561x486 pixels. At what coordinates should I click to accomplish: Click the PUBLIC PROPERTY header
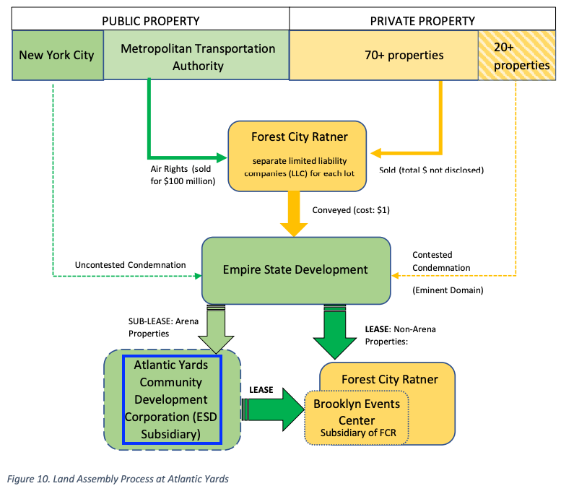pos(151,21)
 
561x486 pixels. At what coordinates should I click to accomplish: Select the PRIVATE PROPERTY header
pos(422,21)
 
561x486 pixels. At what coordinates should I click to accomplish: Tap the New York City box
pos(58,55)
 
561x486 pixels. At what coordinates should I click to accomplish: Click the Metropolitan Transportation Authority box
pos(196,55)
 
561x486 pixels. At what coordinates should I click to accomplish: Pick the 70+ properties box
pos(384,55)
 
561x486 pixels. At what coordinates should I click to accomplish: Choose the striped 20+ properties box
pos(517,55)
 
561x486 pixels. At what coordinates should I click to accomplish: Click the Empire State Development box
pos(296,271)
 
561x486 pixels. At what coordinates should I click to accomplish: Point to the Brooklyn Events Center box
pos(357,417)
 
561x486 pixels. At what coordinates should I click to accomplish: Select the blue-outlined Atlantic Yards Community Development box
pos(172,399)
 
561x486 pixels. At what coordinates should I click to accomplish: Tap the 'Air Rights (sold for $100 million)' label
pos(183,175)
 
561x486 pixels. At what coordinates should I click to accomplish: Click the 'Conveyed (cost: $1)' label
pos(351,209)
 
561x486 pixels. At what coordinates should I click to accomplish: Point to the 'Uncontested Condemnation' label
pos(130,265)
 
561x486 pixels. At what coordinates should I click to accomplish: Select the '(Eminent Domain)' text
pos(448,290)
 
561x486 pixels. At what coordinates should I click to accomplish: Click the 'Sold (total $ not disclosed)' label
pos(432,170)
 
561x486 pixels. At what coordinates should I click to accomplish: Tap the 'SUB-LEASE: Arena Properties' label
pos(163,327)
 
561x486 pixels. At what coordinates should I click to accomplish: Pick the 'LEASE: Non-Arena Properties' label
pos(401,335)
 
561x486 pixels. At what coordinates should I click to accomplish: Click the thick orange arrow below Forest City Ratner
pos(294,213)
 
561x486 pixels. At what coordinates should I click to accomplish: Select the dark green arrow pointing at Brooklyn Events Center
pos(273,409)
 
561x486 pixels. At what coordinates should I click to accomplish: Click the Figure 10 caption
pos(118,479)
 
